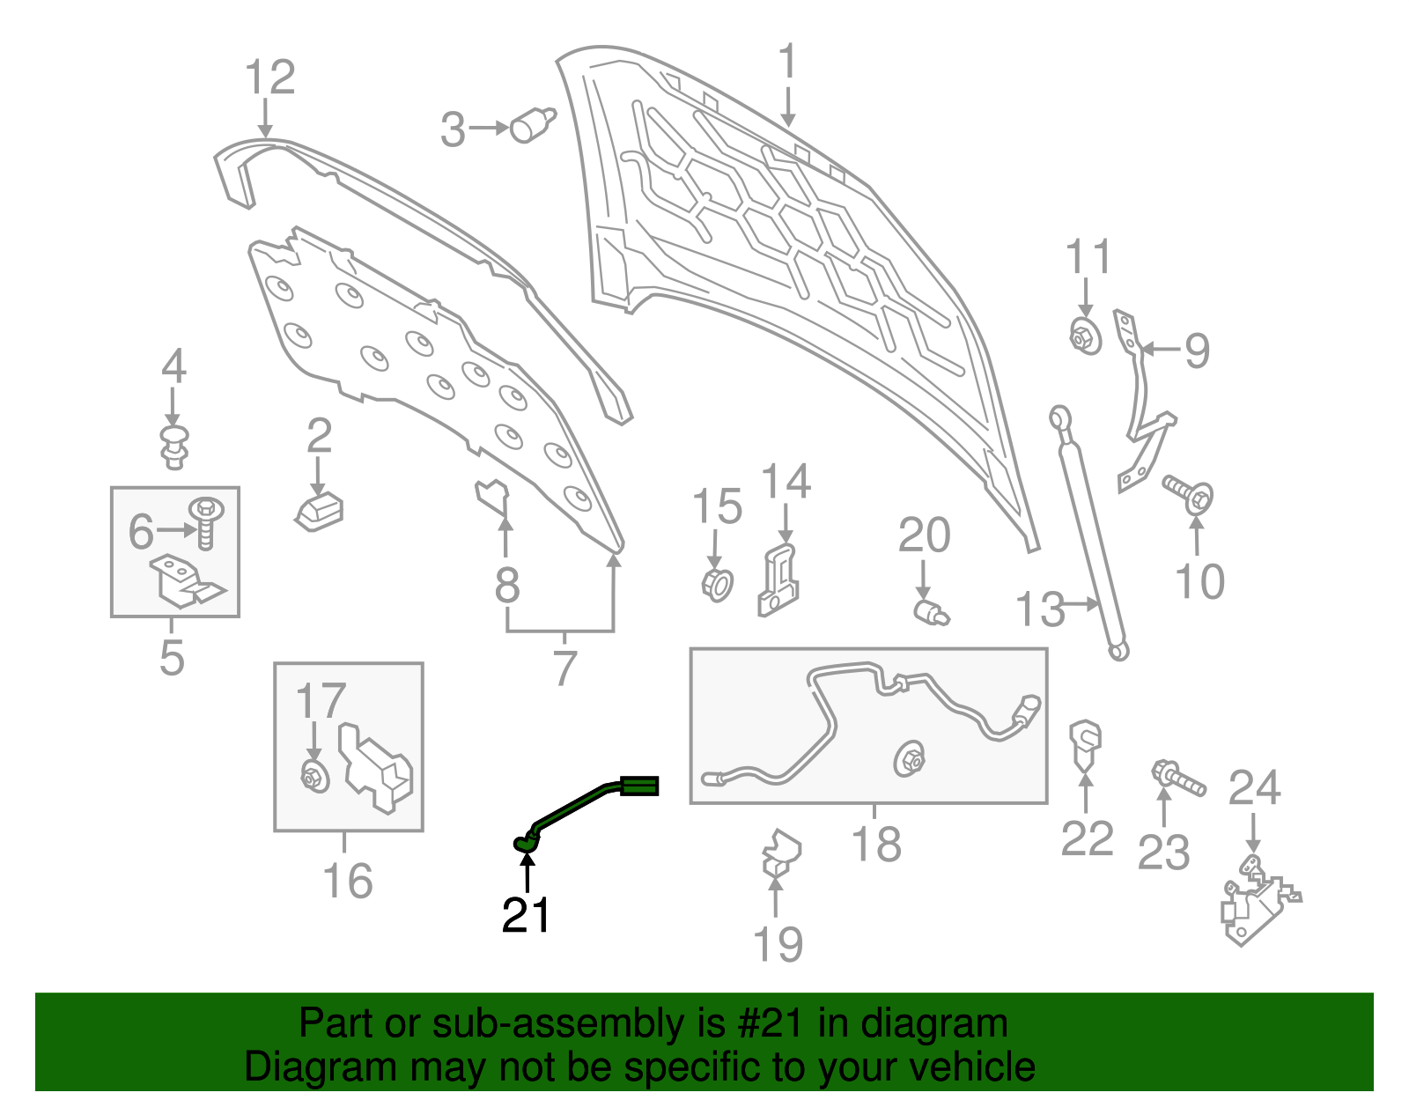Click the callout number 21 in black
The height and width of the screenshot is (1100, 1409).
[526, 916]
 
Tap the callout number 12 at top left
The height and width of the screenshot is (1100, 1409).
[269, 78]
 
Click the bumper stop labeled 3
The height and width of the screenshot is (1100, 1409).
[533, 124]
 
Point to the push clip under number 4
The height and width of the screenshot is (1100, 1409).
[175, 447]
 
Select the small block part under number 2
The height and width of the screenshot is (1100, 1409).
[320, 512]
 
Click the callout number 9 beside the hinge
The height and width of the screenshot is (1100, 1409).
[1197, 351]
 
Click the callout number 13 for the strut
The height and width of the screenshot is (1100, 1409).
[1039, 609]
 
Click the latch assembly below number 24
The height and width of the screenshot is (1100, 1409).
[1255, 903]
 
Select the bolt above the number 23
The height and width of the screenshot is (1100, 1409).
[1177, 778]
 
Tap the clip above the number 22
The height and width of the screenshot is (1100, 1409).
[1085, 742]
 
